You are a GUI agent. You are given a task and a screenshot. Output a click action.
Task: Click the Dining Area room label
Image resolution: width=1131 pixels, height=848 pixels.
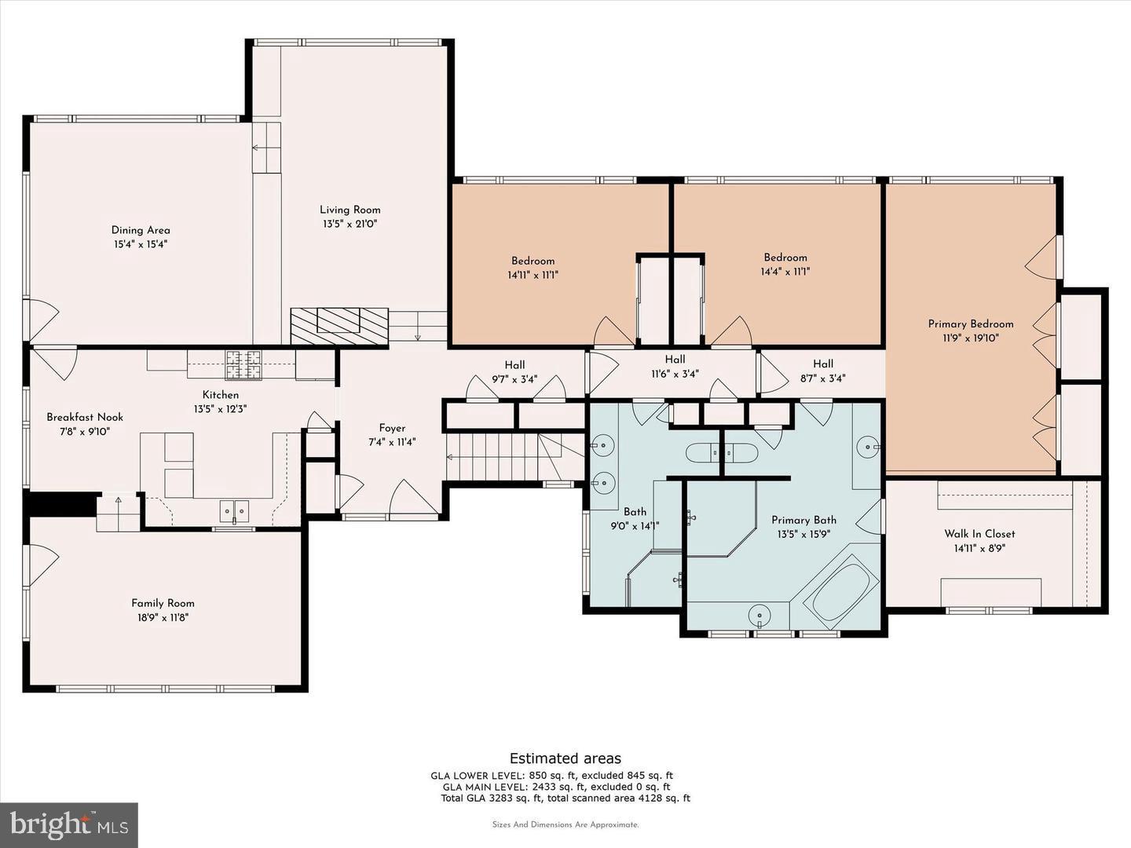pos(141,230)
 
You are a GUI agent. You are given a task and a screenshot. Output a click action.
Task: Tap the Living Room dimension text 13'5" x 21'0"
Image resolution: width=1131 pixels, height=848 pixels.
pos(350,224)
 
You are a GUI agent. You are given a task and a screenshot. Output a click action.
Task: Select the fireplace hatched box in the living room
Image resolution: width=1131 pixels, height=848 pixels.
pos(339,326)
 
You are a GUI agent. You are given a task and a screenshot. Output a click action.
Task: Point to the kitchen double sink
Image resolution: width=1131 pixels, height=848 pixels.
pos(234,511)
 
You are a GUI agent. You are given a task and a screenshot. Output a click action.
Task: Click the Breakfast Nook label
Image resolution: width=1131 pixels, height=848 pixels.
pos(85,417)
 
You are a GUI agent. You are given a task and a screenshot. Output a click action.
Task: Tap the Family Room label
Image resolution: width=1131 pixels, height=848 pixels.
pos(163,603)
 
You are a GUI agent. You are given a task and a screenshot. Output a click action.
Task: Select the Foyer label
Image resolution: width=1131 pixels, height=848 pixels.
pos(392,428)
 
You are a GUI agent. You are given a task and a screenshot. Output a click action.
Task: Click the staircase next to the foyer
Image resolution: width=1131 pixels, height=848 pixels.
pos(503,456)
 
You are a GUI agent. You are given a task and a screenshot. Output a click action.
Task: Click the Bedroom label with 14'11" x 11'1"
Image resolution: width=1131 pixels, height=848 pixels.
pos(533,261)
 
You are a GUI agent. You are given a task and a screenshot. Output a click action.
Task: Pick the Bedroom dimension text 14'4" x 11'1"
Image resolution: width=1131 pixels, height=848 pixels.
pos(785,272)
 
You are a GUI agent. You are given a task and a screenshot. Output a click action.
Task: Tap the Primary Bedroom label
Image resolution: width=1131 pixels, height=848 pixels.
pos(971,323)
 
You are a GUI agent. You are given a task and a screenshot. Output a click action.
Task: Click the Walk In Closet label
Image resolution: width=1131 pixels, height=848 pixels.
pos(979,533)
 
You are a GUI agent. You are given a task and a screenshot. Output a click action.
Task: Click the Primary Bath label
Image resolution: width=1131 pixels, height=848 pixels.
pos(803,520)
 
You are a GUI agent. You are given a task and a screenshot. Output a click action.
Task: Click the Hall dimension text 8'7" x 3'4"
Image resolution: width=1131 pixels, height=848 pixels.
pos(823,378)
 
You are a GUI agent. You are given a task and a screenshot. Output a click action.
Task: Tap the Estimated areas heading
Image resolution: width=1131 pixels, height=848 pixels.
pos(565,758)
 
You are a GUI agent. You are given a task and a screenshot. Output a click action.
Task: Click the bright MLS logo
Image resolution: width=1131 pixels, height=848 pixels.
pos(69,824)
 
